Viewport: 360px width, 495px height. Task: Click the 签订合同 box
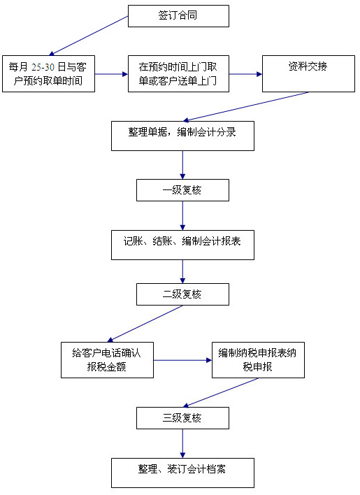(x=178, y=16)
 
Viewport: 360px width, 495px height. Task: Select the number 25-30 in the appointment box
(x=43, y=67)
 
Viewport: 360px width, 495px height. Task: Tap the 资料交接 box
(x=308, y=74)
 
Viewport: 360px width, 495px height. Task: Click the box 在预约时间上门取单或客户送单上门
(x=178, y=74)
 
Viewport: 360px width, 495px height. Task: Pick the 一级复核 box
(x=182, y=190)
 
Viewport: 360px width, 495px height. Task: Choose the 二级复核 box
(x=182, y=294)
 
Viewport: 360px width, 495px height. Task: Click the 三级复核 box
(x=182, y=418)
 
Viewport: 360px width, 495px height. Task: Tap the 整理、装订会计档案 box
(x=182, y=473)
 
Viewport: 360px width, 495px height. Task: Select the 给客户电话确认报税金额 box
(x=107, y=360)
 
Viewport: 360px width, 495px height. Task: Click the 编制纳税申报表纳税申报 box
(x=258, y=360)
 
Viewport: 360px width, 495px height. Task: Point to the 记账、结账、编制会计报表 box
(x=182, y=245)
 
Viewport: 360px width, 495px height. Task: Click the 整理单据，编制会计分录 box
(x=182, y=136)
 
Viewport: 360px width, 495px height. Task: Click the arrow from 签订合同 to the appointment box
(x=88, y=36)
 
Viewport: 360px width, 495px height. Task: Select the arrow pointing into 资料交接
(x=246, y=74)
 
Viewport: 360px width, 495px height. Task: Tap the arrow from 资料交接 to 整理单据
(x=246, y=107)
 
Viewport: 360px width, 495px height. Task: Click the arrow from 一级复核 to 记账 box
(x=182, y=215)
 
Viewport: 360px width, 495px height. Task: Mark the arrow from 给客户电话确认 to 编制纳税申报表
(x=182, y=360)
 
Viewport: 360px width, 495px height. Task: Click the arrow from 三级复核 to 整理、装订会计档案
(x=182, y=443)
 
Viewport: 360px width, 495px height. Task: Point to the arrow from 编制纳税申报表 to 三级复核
(x=220, y=393)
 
